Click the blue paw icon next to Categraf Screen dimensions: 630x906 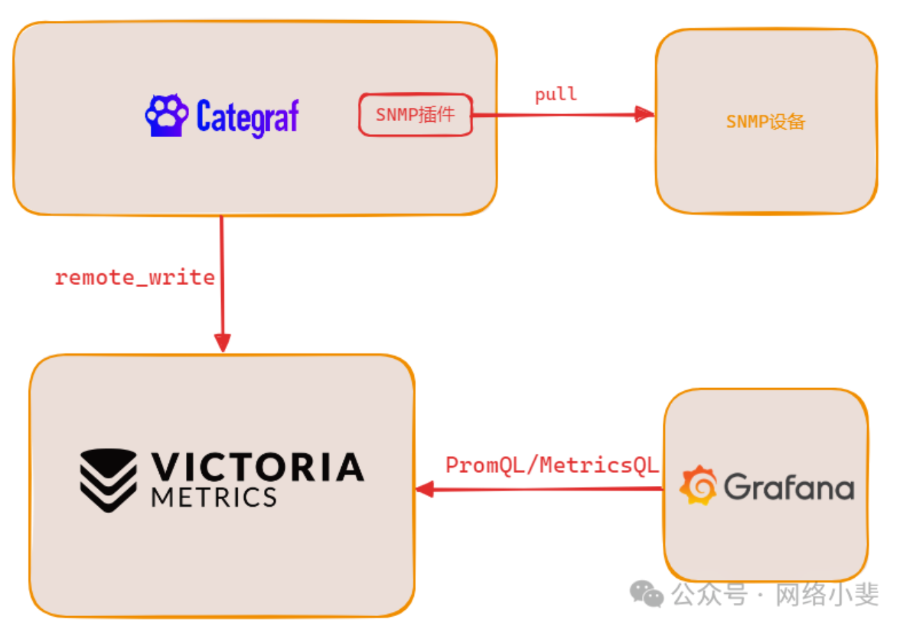tap(166, 116)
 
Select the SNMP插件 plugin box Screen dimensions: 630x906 tap(415, 115)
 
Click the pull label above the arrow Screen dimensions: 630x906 tap(556, 95)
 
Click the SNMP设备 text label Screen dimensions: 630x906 tap(766, 122)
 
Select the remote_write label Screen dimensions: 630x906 tap(135, 277)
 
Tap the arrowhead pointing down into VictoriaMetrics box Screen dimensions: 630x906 tap(222, 343)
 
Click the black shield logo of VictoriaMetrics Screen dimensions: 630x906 tap(108, 480)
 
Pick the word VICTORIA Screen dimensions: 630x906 tap(258, 467)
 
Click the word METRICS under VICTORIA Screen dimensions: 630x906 tap(213, 496)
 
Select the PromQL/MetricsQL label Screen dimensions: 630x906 tap(552, 465)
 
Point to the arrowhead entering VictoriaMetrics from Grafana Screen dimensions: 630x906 tap(425, 490)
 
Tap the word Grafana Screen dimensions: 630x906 tap(789, 487)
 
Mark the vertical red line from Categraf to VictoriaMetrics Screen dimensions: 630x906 tap(222, 250)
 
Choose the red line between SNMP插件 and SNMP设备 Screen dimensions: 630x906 tap(556, 115)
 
